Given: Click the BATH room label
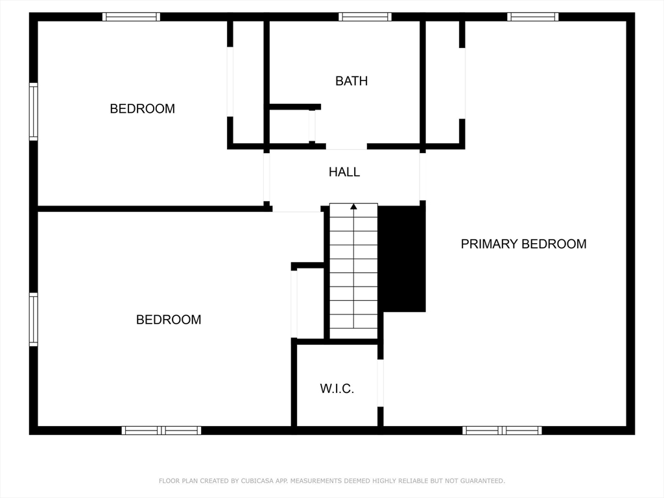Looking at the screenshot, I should [x=351, y=81].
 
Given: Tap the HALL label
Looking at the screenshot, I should [x=344, y=172].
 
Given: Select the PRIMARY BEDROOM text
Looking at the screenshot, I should [x=523, y=244].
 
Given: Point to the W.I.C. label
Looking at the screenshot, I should [x=337, y=389].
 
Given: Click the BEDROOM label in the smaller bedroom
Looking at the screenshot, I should [x=142, y=109].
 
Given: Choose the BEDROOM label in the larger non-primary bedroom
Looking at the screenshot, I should [x=169, y=320].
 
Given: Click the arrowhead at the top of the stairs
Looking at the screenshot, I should [x=353, y=207].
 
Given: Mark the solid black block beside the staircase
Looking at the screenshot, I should [x=402, y=258].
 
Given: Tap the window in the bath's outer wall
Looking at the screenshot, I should [x=365, y=17].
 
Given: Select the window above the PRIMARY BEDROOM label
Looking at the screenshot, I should [x=532, y=17].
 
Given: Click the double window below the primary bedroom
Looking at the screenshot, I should [x=502, y=430].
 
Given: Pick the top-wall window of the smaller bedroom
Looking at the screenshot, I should [x=131, y=17].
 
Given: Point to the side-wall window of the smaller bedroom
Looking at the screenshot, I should [x=33, y=112].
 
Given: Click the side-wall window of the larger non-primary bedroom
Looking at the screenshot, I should [x=33, y=319].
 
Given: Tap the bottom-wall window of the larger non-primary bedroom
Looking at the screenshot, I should [x=161, y=430].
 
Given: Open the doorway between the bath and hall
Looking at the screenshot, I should [x=346, y=147].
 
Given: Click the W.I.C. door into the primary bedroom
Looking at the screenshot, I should [x=381, y=383].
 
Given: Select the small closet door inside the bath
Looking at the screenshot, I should [x=312, y=126].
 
